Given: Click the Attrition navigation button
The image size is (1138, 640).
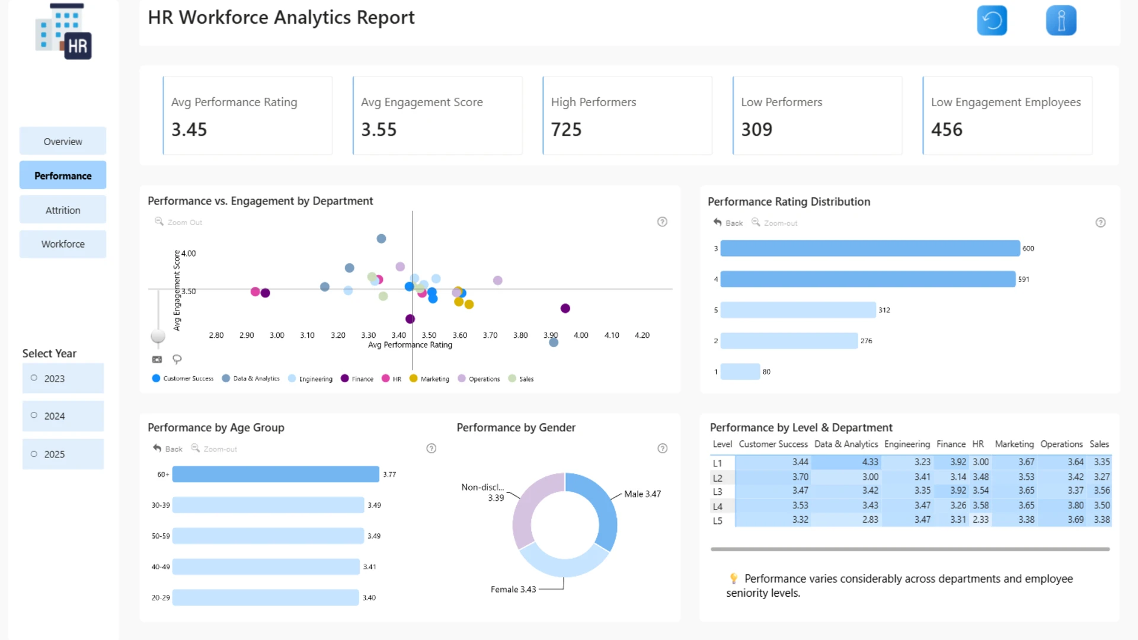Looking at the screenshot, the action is pos(63,210).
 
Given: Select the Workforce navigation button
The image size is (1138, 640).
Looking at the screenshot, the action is pos(63,244).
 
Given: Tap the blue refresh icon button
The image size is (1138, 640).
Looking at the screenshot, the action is pos(992,21).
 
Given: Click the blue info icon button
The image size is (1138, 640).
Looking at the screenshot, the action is pos(1062,21).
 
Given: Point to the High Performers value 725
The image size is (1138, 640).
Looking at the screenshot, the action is pos(567,130).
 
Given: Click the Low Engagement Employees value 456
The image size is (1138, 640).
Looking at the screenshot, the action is pos(947,130).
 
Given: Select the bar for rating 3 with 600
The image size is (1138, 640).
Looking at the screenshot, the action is pos(870,248).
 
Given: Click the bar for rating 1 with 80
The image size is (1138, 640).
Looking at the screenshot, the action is pos(740,372).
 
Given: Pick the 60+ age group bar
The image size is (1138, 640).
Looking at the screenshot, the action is pos(276,474).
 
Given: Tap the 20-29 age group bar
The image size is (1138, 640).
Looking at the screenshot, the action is pos(266,597).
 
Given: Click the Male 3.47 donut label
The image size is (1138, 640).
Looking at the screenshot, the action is pos(642,494).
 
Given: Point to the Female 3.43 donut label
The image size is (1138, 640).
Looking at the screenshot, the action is pos(513,590).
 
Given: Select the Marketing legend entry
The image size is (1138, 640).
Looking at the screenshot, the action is pos(430,379).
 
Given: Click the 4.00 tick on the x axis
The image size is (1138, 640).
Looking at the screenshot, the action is pos(581,335).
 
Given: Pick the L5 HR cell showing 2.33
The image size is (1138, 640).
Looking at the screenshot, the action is pos(981,520).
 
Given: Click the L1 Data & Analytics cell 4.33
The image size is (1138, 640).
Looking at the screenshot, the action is pos(870,462).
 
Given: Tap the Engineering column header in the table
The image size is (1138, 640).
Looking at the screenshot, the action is pos(907,444).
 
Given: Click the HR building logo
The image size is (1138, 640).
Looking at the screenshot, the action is pos(64,31).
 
